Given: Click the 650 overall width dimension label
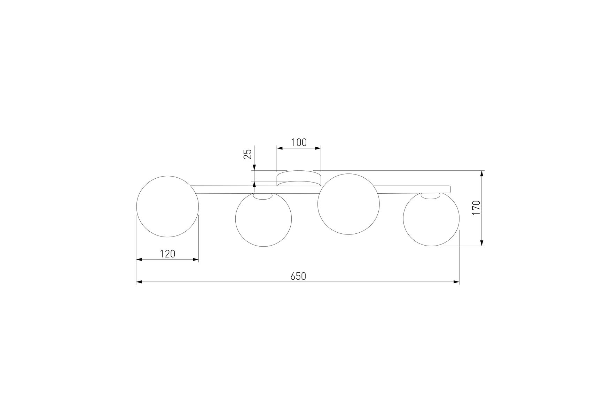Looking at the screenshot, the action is (298, 276).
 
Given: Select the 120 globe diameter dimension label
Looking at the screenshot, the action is (167, 254).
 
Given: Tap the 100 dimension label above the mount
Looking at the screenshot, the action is (299, 142).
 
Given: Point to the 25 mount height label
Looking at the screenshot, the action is (247, 154).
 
